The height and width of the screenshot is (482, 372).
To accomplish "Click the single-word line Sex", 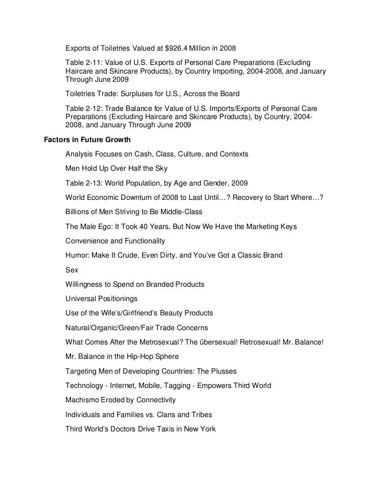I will pyautogui.click(x=72, y=269).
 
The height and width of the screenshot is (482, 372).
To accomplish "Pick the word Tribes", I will pyautogui.click(x=201, y=415).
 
